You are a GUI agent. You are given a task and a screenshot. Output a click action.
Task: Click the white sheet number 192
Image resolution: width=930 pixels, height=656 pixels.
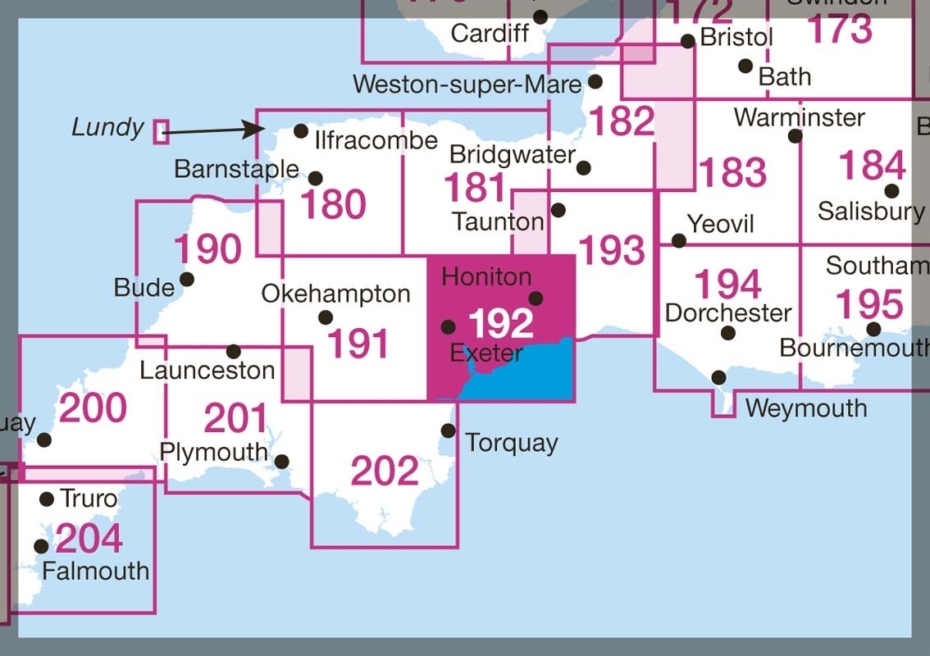tap(500, 324)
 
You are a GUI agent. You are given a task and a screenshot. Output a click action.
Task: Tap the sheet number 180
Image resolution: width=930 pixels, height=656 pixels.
tap(332, 204)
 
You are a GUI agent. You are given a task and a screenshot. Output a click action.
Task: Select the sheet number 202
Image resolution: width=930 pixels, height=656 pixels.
tap(385, 471)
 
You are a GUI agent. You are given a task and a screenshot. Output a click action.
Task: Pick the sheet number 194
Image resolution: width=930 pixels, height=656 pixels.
tap(728, 285)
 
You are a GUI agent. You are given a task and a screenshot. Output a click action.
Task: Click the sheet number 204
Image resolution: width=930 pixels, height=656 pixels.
tap(89, 539)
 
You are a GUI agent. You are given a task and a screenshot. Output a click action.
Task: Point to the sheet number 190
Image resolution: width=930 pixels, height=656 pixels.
tap(208, 248)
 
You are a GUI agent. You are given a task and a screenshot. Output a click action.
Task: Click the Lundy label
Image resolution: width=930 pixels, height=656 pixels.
tap(107, 128)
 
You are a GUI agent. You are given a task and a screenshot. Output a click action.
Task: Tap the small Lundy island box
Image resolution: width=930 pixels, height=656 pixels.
tap(161, 131)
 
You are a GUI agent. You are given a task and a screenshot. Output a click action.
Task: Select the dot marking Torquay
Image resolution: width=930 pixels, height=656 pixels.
tap(448, 430)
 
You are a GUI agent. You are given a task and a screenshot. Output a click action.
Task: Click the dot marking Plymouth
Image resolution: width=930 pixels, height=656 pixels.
tap(281, 462)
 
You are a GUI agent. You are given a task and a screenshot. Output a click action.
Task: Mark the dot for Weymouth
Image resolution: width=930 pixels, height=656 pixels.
tap(718, 377)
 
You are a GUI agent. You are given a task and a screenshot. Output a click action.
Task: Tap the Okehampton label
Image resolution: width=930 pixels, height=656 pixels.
tap(335, 294)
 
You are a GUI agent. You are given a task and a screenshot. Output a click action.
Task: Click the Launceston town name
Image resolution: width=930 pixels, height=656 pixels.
tap(207, 370)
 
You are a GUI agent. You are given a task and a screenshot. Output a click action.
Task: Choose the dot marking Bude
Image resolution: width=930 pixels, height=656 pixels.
tap(187, 279)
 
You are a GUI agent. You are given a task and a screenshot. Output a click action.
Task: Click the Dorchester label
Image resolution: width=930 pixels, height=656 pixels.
tap(728, 312)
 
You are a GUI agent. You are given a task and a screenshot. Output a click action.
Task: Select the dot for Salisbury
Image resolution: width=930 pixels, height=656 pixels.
tap(891, 191)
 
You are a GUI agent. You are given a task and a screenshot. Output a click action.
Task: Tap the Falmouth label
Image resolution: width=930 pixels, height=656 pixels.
tap(96, 571)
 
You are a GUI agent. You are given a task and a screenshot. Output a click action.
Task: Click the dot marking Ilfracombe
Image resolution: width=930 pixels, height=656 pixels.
tap(301, 131)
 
